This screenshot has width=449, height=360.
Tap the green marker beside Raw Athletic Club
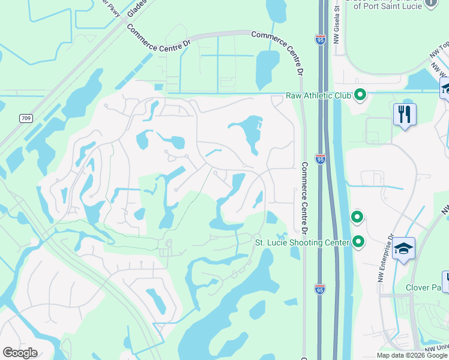tap(360, 95)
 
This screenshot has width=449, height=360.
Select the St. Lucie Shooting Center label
tap(302, 242)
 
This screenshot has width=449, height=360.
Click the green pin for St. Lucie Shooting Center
tap(358, 242)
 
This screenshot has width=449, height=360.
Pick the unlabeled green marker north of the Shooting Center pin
tap(357, 217)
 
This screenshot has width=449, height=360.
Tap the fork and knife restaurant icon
tap(405, 114)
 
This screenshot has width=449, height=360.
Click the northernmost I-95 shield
tap(320, 40)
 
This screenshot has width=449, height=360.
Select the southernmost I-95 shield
tap(320, 289)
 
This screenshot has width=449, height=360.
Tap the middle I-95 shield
tap(320, 159)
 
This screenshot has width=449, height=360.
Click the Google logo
tap(20, 353)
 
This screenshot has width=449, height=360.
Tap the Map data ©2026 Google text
tap(411, 355)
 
